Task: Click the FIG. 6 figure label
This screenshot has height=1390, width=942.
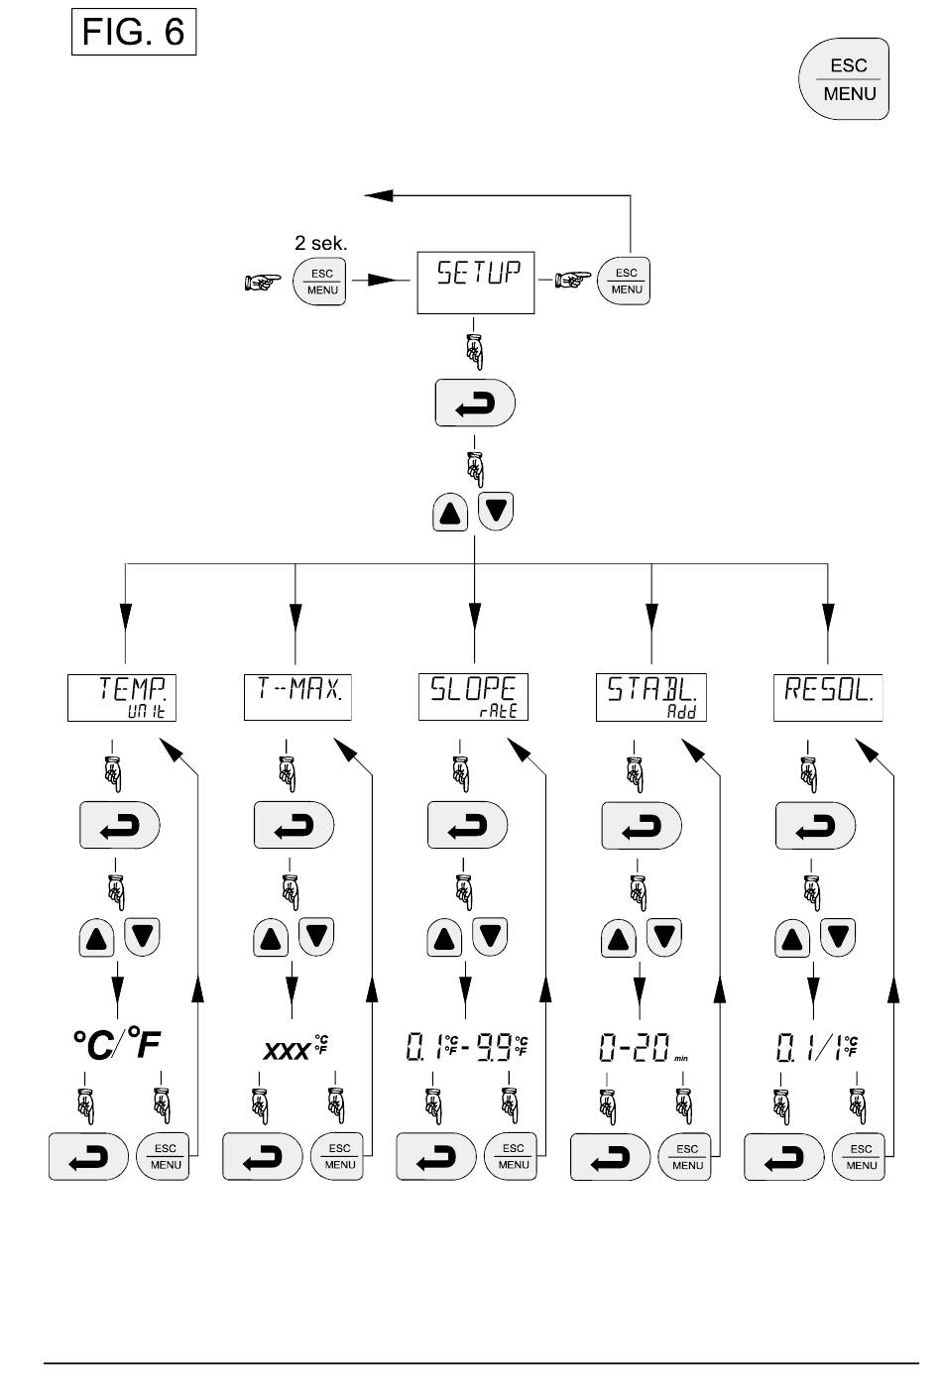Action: click(x=134, y=33)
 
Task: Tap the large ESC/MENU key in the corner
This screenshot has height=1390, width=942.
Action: click(x=844, y=79)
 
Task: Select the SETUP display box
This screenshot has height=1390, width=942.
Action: click(x=476, y=283)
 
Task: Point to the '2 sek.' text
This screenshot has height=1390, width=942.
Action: click(x=321, y=241)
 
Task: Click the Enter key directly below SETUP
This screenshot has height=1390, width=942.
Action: click(x=475, y=403)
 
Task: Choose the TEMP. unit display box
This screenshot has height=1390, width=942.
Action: click(x=122, y=697)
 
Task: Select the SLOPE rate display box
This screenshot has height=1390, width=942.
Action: click(x=474, y=697)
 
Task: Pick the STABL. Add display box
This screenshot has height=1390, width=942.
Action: click(x=650, y=697)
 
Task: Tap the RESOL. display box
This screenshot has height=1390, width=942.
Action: click(x=827, y=697)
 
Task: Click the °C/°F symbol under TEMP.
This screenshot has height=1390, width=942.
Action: click(x=116, y=1044)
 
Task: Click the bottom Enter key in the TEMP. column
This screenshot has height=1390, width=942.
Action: click(x=88, y=1156)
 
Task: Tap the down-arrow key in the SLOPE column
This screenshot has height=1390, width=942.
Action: click(x=491, y=935)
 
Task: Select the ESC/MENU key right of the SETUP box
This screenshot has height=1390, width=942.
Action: click(x=625, y=283)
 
